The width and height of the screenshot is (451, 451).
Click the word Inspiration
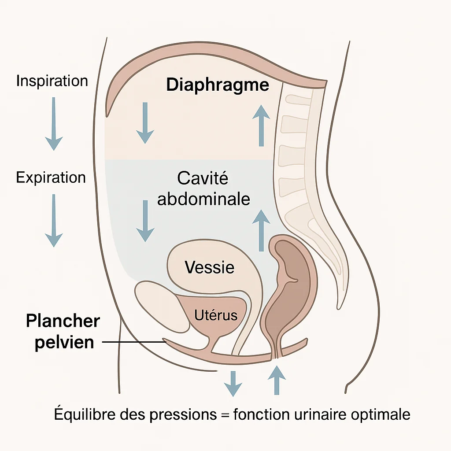coord(52,81)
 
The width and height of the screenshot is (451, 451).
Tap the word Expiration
coord(51,177)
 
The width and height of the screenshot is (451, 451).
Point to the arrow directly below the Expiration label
coord(54,220)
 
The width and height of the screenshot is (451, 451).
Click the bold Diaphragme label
coord(218,85)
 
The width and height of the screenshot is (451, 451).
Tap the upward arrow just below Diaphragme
coord(262,126)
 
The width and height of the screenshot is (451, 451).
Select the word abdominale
coord(204,199)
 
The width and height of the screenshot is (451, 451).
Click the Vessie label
coord(210,267)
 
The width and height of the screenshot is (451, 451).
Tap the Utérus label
coord(216,315)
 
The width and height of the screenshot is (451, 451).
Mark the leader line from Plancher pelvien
coord(132,342)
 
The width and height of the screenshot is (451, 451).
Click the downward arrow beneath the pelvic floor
coord(233,383)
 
